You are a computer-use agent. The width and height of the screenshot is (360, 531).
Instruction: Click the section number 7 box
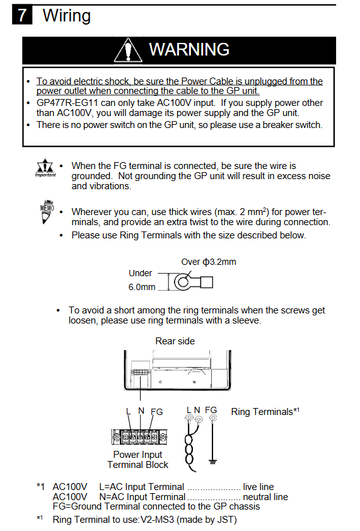click(x=22, y=15)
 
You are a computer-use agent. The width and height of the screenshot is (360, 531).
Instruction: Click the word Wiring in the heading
click(x=67, y=16)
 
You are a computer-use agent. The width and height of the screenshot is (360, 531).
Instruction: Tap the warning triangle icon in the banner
click(x=128, y=50)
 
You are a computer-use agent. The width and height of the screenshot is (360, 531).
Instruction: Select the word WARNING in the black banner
click(x=189, y=49)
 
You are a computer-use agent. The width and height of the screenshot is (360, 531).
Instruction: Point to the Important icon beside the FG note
click(x=45, y=167)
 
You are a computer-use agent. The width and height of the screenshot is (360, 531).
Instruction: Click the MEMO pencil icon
click(x=47, y=212)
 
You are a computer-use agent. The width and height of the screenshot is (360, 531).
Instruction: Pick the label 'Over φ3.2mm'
click(x=209, y=262)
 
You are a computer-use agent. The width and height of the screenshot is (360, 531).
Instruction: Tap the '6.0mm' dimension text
click(x=142, y=287)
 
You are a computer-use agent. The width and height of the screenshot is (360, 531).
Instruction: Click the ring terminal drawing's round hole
click(x=183, y=283)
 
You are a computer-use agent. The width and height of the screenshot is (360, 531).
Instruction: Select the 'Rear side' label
click(x=175, y=341)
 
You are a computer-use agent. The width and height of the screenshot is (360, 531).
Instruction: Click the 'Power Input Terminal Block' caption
click(x=138, y=460)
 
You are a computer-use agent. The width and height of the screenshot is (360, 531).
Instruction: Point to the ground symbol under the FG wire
click(x=212, y=462)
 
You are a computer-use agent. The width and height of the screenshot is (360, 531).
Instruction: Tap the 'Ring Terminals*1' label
click(x=265, y=411)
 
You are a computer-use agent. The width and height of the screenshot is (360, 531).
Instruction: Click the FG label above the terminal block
click(x=157, y=412)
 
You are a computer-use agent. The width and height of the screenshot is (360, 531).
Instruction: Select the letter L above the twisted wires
click(x=189, y=410)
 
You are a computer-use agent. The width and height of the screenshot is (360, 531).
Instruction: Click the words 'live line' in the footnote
click(x=258, y=487)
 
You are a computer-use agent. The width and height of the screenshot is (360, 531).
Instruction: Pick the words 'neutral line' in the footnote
click(x=265, y=497)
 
